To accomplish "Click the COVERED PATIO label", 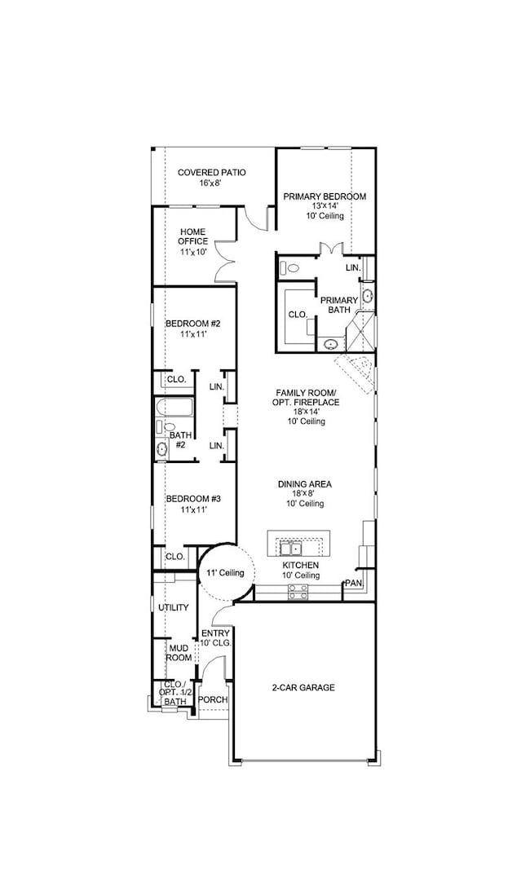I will click(212, 172).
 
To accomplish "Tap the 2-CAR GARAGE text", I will click(303, 687).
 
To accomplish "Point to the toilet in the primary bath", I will click(290, 267).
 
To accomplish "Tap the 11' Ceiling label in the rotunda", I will click(225, 574).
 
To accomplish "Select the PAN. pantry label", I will click(353, 583).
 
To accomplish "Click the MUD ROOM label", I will click(179, 653).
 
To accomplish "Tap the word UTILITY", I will click(173, 607).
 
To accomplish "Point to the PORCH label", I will click(213, 699).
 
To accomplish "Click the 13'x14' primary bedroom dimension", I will click(324, 206).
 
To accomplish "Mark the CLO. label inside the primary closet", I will click(297, 313).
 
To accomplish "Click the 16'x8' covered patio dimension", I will click(210, 183).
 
